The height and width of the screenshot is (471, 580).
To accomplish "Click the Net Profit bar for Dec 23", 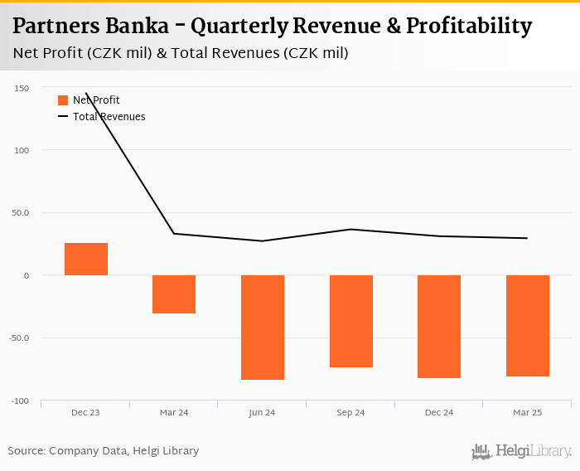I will (86, 259).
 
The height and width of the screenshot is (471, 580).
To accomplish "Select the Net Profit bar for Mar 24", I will (174, 294).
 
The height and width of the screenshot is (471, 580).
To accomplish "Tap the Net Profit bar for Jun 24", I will (263, 328).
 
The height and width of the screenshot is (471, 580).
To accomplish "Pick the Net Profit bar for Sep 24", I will (351, 321).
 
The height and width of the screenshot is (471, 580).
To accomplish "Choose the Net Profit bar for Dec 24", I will (439, 327).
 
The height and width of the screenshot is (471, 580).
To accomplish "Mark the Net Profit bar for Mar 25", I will (528, 326).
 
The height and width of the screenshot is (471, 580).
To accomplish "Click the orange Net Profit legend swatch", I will (63, 100).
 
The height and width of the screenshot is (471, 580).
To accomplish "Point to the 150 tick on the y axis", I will (22, 88).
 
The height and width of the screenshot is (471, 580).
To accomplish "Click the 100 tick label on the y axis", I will (22, 150).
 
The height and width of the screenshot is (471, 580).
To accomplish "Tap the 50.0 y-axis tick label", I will (20, 213).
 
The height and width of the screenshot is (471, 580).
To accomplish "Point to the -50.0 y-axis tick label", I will (18, 338).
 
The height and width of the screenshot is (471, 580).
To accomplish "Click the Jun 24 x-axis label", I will (263, 412).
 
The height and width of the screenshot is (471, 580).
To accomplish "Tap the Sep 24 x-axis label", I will (351, 412).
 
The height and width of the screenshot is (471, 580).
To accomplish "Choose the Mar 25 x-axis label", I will (528, 412).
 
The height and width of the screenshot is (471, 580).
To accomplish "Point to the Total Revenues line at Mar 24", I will (174, 233).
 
